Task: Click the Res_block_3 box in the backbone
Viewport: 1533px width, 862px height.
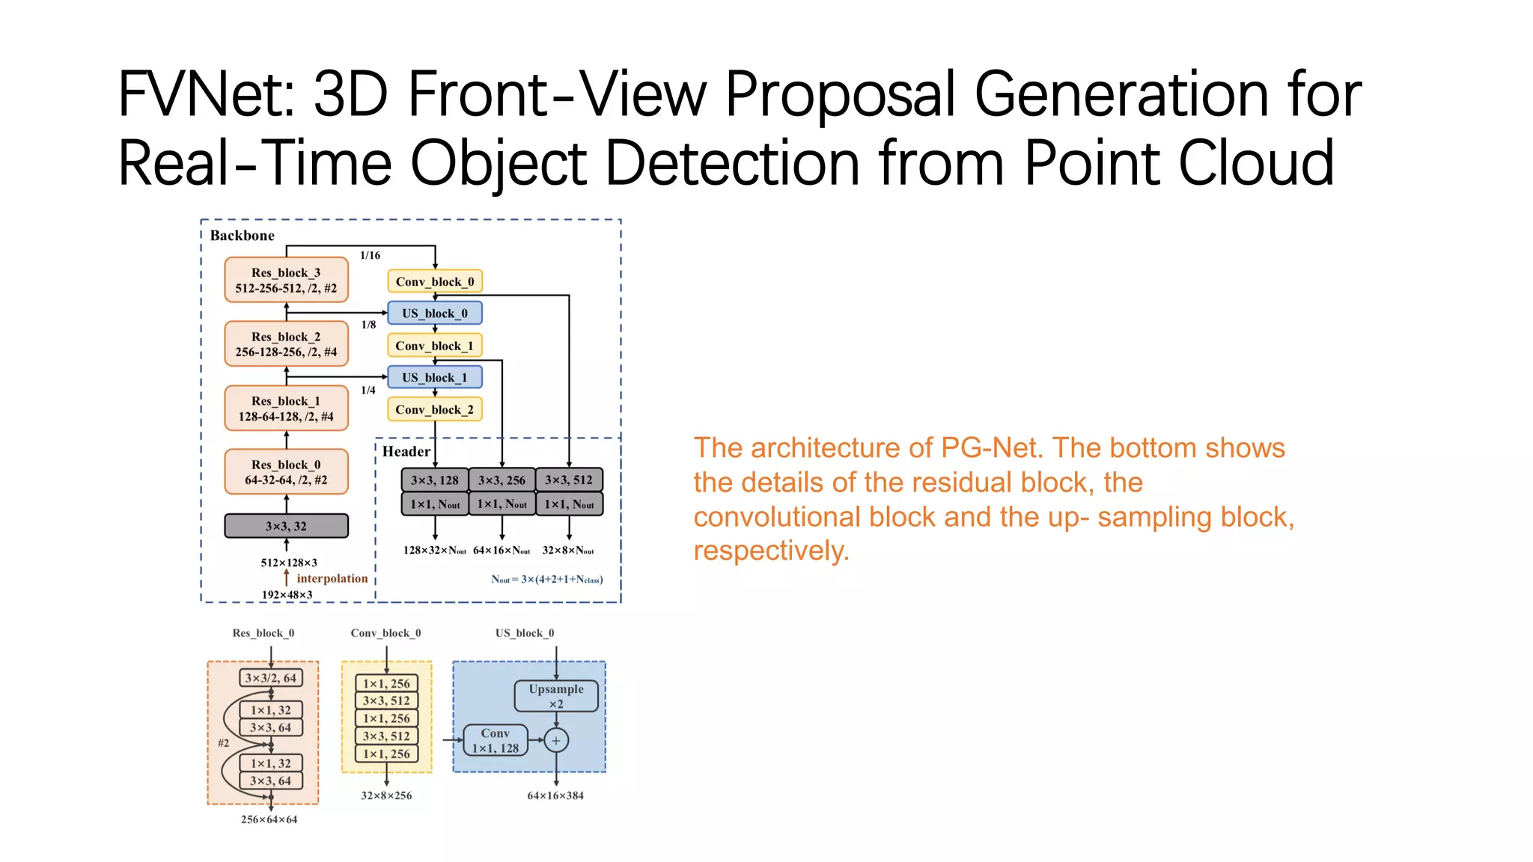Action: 286,280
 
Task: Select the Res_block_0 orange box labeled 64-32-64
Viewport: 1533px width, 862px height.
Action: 286,472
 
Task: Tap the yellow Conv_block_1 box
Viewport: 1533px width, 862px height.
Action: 434,346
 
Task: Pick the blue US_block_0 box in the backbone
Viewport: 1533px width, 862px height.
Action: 434,313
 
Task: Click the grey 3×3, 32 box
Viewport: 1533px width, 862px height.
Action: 286,526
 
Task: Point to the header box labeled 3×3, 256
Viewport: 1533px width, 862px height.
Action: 502,480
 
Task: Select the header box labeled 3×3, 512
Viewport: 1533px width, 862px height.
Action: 569,480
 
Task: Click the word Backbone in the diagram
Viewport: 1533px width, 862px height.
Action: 242,236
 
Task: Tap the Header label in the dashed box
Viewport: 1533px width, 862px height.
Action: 406,451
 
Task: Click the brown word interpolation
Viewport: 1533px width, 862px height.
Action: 332,578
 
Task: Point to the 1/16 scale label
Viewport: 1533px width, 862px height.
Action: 370,255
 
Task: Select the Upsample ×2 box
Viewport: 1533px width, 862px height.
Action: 555,696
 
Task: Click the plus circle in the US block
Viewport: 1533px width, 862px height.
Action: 555,741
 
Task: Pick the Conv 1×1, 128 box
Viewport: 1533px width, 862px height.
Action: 495,741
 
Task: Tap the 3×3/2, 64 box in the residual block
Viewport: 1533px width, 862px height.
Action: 271,678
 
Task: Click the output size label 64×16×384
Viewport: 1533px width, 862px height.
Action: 555,795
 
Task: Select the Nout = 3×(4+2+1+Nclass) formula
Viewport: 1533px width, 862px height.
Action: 546,579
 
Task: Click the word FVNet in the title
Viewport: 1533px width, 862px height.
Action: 206,95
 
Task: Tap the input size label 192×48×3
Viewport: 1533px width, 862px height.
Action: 287,595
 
